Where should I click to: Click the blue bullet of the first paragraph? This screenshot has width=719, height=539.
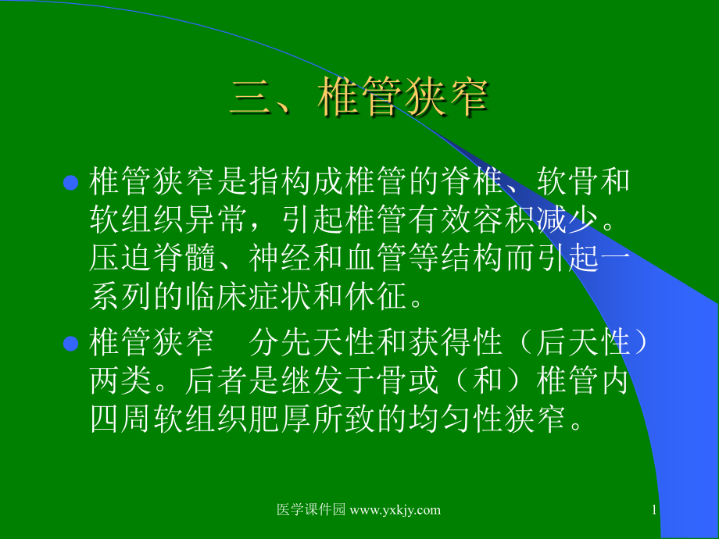70,183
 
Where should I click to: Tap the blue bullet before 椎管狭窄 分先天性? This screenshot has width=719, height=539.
70,344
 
